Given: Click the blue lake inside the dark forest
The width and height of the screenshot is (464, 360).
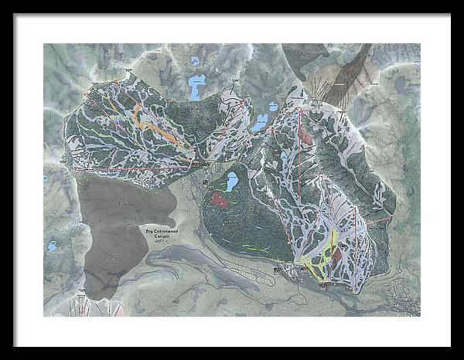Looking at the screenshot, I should pyautogui.click(x=230, y=183).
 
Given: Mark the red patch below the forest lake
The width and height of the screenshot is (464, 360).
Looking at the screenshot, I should pyautogui.click(x=222, y=200).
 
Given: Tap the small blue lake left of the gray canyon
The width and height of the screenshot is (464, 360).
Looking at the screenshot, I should pyautogui.click(x=53, y=246).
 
